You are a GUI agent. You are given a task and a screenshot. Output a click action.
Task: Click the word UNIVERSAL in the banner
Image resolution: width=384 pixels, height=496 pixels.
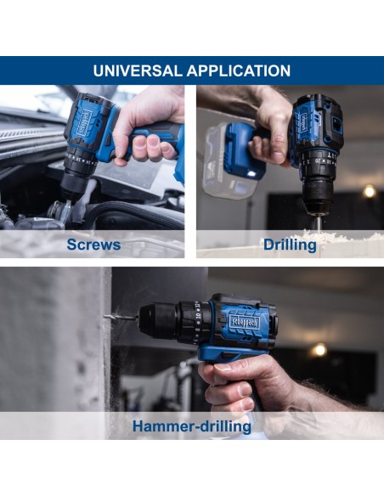pos(138,70)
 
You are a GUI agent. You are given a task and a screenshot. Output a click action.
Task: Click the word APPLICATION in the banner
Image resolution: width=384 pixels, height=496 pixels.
pos(239,70)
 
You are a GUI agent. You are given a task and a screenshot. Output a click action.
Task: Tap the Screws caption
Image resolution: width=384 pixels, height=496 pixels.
pos(93,245)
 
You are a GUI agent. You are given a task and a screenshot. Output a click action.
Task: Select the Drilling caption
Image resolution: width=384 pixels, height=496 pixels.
pos(290,245)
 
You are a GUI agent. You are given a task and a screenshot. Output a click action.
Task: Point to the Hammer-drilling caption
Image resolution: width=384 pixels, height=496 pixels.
pos(192,426)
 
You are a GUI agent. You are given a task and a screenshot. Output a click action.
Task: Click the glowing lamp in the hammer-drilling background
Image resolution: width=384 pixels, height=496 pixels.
pos(319,350)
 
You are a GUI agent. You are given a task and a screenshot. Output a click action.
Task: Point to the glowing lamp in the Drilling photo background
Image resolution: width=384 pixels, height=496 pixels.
pos(370,191)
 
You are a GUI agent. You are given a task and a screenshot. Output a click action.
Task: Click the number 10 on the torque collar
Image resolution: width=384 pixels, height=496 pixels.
pos(198,316)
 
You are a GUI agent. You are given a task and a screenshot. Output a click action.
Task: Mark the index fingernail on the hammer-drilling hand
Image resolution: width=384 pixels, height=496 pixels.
pos(223,367)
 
